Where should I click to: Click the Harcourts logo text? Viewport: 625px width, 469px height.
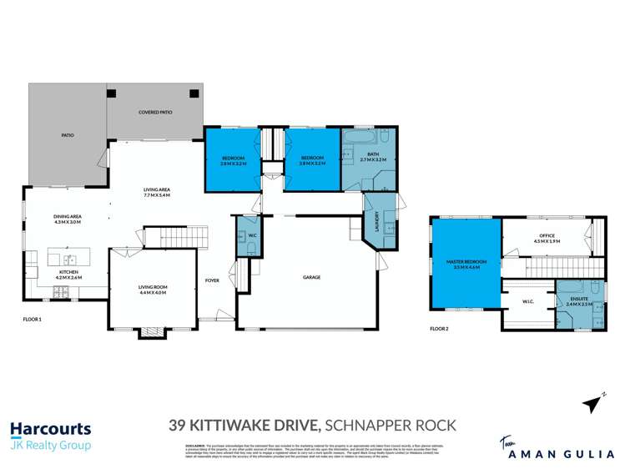tap(50, 429)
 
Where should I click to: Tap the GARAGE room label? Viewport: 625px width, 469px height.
tap(311, 277)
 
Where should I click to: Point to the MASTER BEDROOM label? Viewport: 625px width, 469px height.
tap(466, 263)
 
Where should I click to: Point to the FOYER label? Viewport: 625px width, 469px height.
tap(213, 280)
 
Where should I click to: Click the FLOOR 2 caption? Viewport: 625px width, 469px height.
tap(439, 329)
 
